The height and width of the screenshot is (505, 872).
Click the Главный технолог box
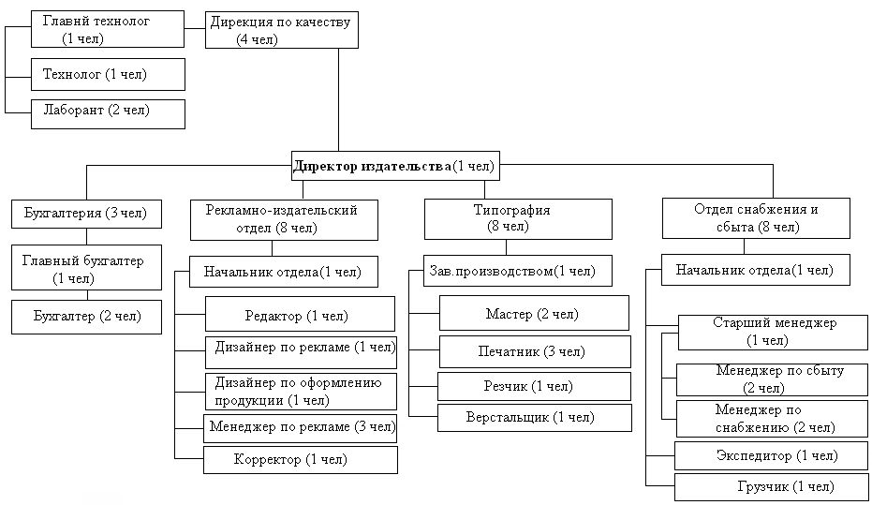pyautogui.click(x=107, y=29)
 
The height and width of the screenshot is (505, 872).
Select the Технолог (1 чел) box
pyautogui.click(x=107, y=74)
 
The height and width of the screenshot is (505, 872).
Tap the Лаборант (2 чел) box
pyautogui.click(x=107, y=111)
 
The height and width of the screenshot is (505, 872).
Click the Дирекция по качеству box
pyautogui.click(x=281, y=29)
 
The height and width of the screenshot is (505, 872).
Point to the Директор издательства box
pyautogui.click(x=393, y=167)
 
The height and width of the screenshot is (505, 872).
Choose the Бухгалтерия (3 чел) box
pyautogui.click(x=86, y=214)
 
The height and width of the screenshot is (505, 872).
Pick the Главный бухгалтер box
pyautogui.click(x=86, y=269)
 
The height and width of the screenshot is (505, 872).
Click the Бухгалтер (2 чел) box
pyautogui.click(x=86, y=317)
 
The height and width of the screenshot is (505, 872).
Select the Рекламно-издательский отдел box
pyautogui.click(x=287, y=218)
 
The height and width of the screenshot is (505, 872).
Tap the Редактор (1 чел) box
pyautogui.click(x=300, y=315)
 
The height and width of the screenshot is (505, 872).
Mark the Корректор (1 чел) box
pyautogui.click(x=300, y=460)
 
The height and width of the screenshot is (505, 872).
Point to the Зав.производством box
pyautogui.click(x=517, y=272)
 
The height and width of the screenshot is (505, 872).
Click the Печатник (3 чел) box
pyautogui.click(x=535, y=352)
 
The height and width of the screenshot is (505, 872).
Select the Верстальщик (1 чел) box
pyautogui.click(x=535, y=418)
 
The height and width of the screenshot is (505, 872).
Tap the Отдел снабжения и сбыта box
pyautogui.click(x=756, y=218)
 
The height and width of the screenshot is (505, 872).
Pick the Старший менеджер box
pyautogui.click(x=774, y=331)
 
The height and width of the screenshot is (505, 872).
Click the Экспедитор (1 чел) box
pyautogui.click(x=770, y=456)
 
